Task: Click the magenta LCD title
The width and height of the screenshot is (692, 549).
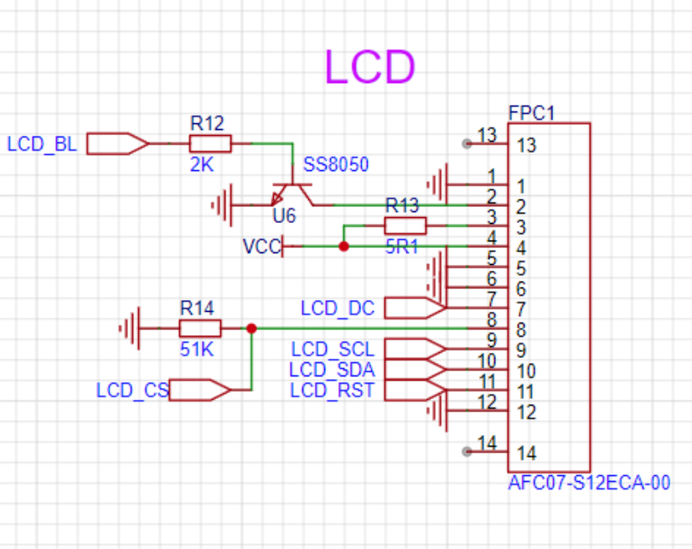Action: pyautogui.click(x=369, y=66)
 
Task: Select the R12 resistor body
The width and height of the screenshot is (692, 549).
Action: pyautogui.click(x=210, y=143)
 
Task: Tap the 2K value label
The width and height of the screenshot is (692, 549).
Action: pyautogui.click(x=202, y=165)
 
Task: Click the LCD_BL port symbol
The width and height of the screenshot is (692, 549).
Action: pyautogui.click(x=117, y=143)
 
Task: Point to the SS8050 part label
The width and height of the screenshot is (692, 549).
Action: pyautogui.click(x=336, y=165)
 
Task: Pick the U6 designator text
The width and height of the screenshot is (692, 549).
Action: pyautogui.click(x=284, y=216)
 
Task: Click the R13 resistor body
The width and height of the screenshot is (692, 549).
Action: pyautogui.click(x=405, y=225)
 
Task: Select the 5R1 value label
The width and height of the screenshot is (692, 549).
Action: pyautogui.click(x=401, y=247)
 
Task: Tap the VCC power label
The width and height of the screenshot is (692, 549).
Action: pyautogui.click(x=262, y=246)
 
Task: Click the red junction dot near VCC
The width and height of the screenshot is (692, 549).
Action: pyautogui.click(x=343, y=246)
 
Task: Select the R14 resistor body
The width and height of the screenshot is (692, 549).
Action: pyautogui.click(x=200, y=329)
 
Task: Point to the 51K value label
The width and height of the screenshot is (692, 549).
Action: pyautogui.click(x=197, y=350)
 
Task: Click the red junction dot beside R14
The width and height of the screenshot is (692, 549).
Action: pyautogui.click(x=251, y=329)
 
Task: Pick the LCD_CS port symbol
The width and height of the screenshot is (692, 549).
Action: pyautogui.click(x=200, y=390)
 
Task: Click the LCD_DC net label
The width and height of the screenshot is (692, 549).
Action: pyautogui.click(x=338, y=308)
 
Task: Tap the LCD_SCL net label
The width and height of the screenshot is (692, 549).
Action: pyautogui.click(x=333, y=350)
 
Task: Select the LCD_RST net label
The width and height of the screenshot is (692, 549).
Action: pyautogui.click(x=332, y=391)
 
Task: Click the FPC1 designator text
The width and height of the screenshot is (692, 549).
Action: pyautogui.click(x=531, y=113)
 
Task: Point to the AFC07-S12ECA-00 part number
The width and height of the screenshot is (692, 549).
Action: pyautogui.click(x=589, y=483)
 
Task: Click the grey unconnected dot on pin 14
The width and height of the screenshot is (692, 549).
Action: pyautogui.click(x=467, y=452)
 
